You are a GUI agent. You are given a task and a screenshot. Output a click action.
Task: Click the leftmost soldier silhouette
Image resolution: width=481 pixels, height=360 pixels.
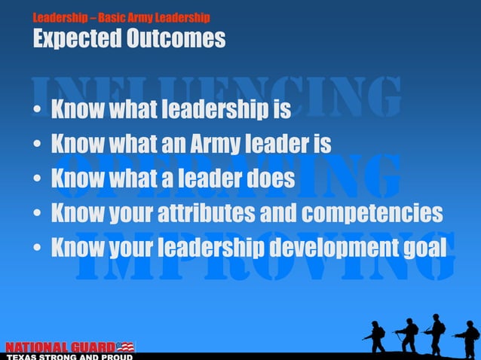[374, 337]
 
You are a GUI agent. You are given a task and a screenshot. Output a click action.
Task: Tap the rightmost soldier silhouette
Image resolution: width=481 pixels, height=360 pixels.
[467, 337]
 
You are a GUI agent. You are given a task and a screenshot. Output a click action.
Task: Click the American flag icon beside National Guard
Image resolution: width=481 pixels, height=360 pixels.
[125, 346]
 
